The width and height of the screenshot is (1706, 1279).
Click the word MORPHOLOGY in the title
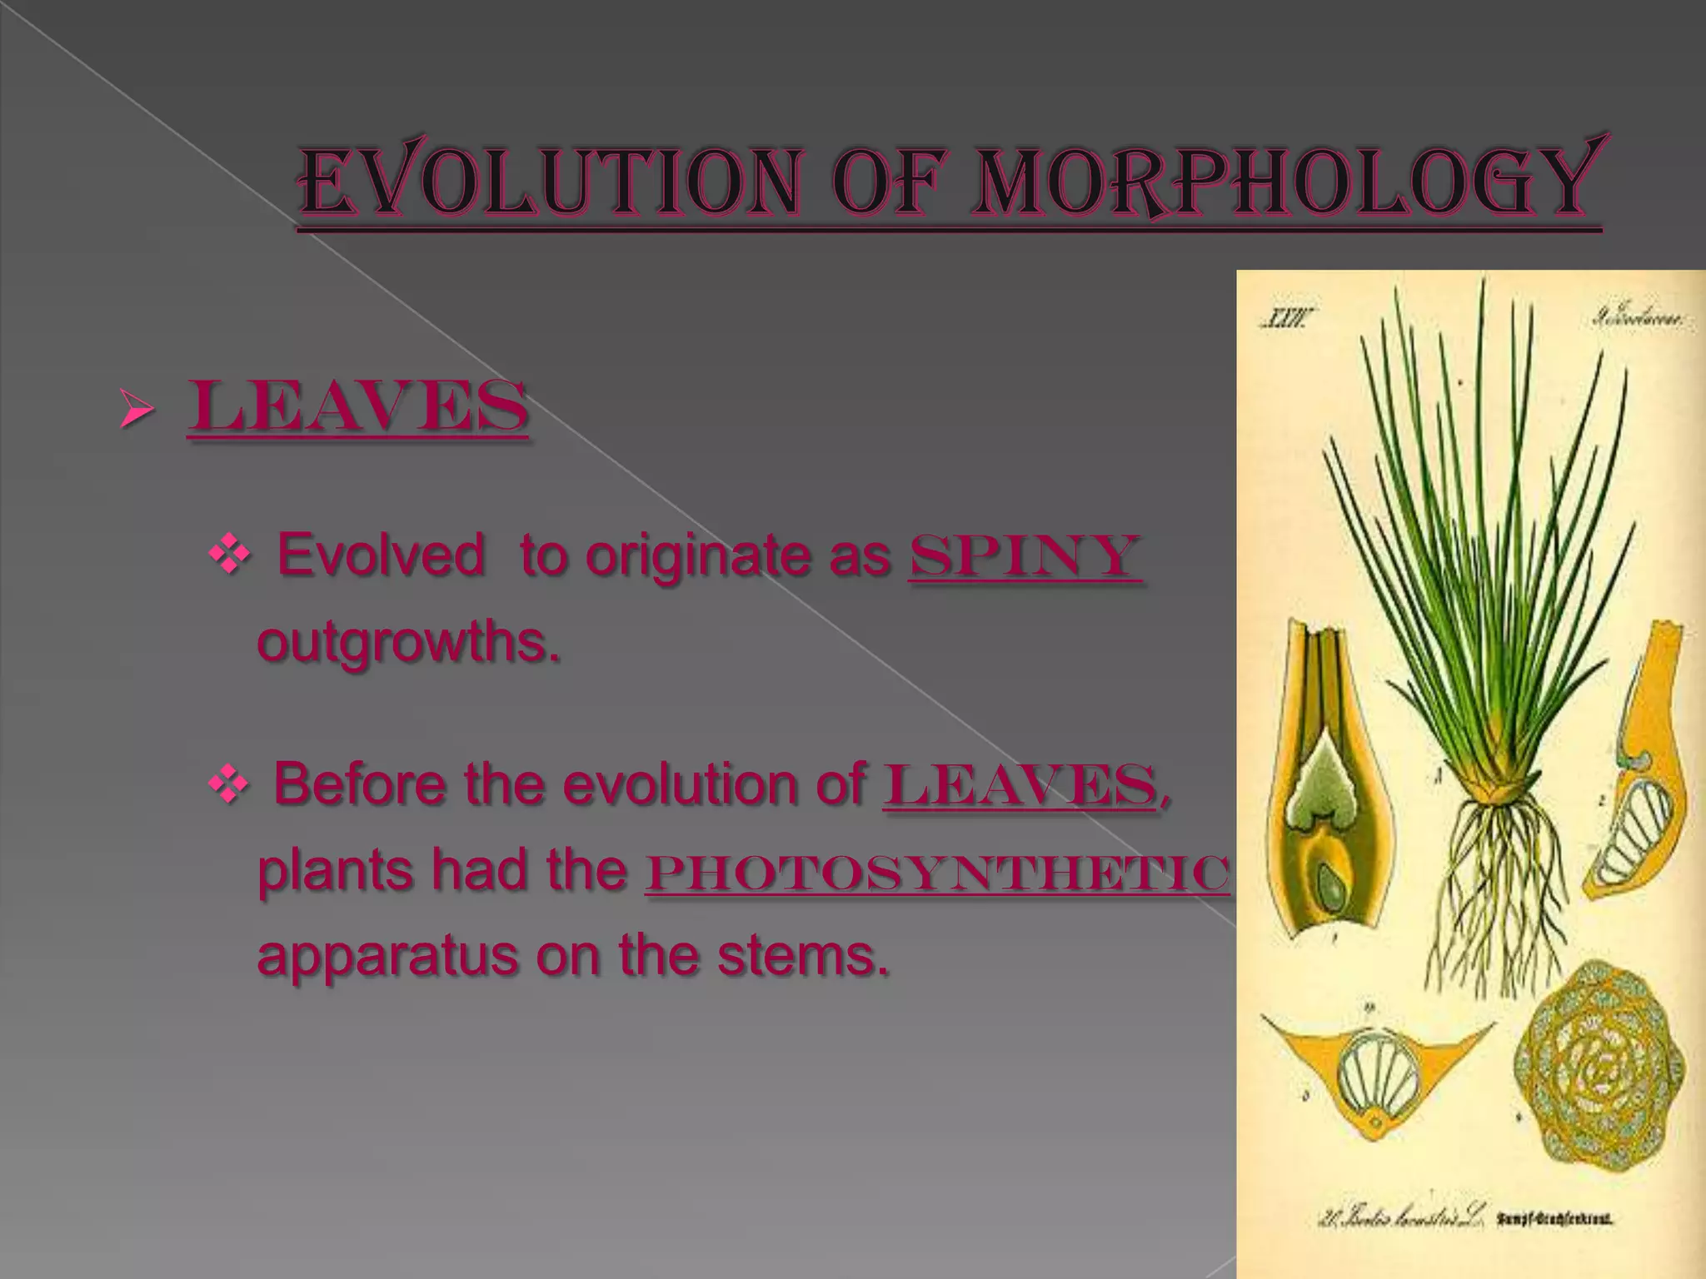point(1287,182)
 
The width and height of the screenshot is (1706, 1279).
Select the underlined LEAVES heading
point(358,406)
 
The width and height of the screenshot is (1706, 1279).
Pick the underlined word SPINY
point(1025,556)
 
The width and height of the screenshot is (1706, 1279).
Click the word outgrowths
point(408,642)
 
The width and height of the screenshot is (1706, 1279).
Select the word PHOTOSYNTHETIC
point(937,873)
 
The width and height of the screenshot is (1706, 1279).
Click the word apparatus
point(387,956)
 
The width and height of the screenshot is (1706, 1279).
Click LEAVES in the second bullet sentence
point(1020,785)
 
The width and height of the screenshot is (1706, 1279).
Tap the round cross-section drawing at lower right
point(1598,1074)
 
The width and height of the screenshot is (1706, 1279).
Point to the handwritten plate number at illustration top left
point(1287,319)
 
